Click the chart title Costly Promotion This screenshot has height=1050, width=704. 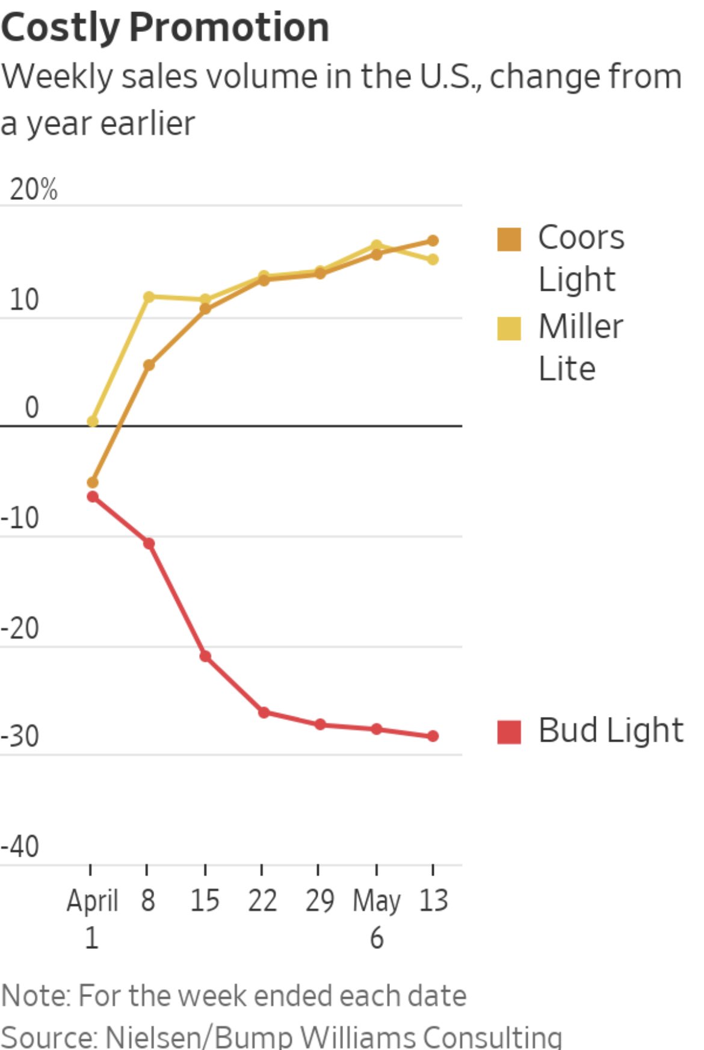[165, 28]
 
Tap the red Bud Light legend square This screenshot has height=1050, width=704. [509, 732]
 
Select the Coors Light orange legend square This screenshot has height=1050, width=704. [509, 239]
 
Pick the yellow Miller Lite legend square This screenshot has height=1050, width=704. [509, 329]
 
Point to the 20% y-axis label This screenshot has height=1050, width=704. [34, 190]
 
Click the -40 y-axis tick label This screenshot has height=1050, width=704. [20, 847]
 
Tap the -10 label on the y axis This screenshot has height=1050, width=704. [20, 518]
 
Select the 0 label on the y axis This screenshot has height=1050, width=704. [32, 408]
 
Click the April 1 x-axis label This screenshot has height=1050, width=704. [91, 918]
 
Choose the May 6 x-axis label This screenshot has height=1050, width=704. [377, 918]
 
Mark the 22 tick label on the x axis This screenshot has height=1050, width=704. [262, 901]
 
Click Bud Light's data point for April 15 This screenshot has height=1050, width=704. [205, 656]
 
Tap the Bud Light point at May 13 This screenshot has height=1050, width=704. [433, 736]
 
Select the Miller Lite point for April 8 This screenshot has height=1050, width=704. [149, 296]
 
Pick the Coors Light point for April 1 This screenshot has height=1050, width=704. [93, 482]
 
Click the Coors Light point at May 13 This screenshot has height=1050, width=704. [433, 241]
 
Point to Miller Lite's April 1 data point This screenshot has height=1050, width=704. [93, 421]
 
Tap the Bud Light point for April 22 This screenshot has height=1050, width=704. [264, 712]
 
